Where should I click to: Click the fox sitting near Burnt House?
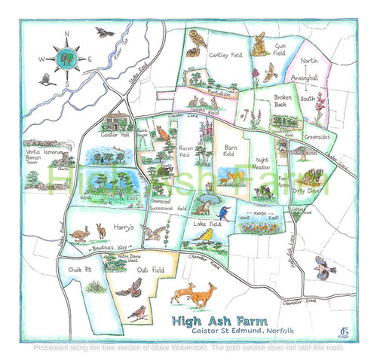pos(161,134)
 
